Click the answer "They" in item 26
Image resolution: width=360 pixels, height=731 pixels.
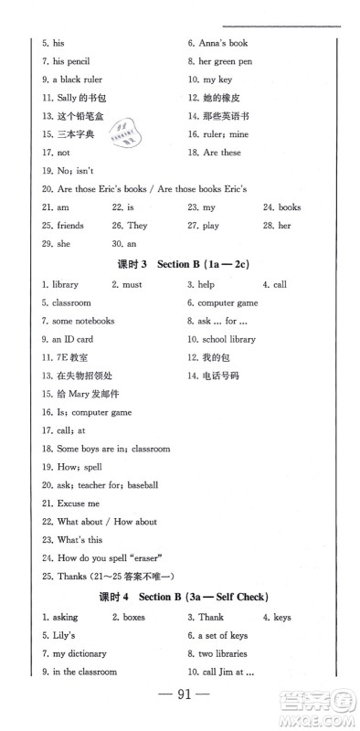(137, 225)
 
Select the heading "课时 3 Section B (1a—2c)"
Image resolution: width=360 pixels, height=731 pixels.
(184, 265)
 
